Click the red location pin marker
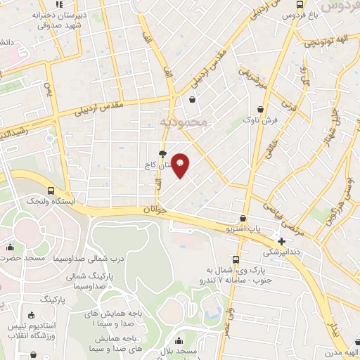181,165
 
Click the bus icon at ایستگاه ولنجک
51,191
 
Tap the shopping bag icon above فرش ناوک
262,109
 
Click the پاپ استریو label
247,229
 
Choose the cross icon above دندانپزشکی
281,241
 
